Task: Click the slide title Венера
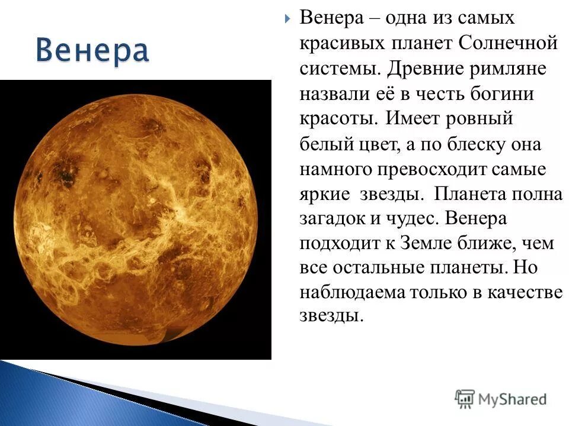[x=92, y=51]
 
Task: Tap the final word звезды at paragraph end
[x=330, y=315]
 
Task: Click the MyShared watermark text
[x=513, y=399]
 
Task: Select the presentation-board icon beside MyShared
[x=465, y=399]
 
